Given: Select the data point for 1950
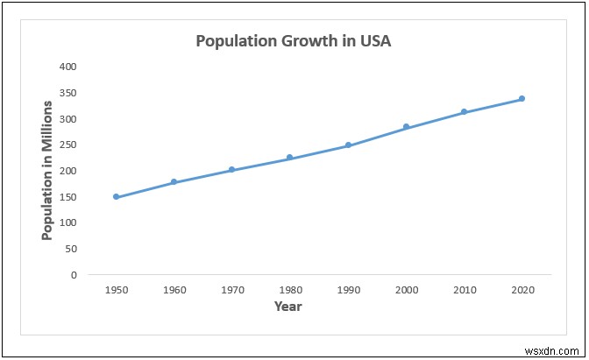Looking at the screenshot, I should click(x=116, y=197).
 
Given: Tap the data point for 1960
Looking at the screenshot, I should click(x=174, y=182).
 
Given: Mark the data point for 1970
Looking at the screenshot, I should click(x=231, y=170).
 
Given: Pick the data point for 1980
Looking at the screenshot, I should click(x=289, y=158).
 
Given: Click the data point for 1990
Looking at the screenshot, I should click(x=348, y=145).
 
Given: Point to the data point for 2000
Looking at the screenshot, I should click(x=406, y=127).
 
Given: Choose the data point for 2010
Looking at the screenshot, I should click(x=464, y=112).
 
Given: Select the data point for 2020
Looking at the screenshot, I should click(x=522, y=99).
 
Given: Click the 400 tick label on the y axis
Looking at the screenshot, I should click(x=68, y=67).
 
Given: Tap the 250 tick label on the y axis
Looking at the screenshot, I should click(x=68, y=145).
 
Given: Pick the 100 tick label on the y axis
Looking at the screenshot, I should click(x=68, y=222).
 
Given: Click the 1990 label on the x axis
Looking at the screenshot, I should click(x=348, y=288).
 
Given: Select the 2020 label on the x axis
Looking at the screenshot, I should click(x=522, y=288).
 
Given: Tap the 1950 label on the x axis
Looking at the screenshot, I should click(x=116, y=288).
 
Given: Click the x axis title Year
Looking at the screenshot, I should click(x=287, y=307).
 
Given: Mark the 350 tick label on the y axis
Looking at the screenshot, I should click(x=68, y=93).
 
